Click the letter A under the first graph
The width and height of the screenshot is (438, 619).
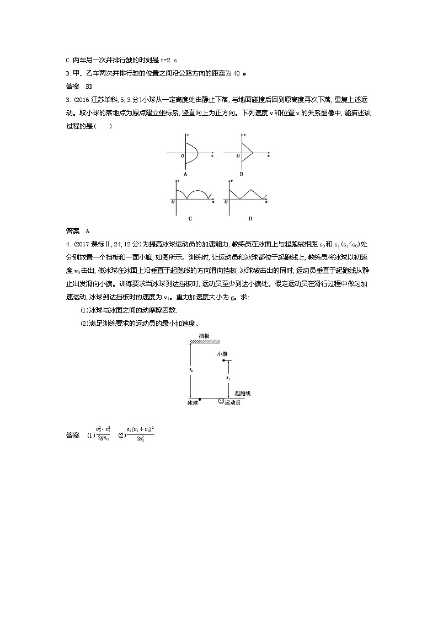pyautogui.click(x=185, y=174)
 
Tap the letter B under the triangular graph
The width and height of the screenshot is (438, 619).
pyautogui.click(x=241, y=174)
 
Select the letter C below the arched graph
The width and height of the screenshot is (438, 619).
pyautogui.click(x=190, y=218)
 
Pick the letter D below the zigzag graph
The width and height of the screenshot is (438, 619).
pyautogui.click(x=250, y=218)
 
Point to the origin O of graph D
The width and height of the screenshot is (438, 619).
pyautogui.click(x=226, y=202)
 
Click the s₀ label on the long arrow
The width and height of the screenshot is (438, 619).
pyautogui.click(x=191, y=370)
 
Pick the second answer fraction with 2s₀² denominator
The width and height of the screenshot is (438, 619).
pyautogui.click(x=140, y=432)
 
